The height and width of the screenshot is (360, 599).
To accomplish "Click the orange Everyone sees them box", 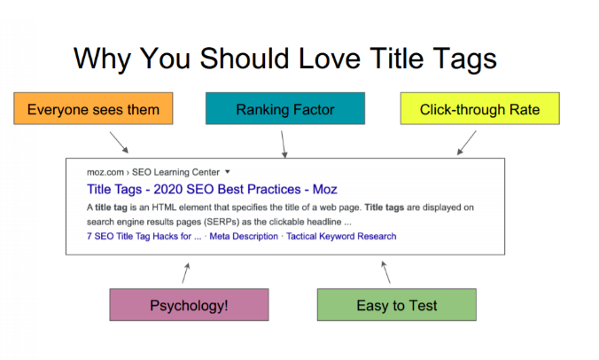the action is pyautogui.click(x=93, y=108).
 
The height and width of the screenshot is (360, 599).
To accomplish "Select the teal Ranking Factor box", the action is pyautogui.click(x=285, y=108).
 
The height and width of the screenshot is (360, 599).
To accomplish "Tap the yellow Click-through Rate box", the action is pyautogui.click(x=479, y=108).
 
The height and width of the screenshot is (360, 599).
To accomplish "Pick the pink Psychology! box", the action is pyautogui.click(x=189, y=305).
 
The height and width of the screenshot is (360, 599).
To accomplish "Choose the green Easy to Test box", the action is pyautogui.click(x=397, y=305).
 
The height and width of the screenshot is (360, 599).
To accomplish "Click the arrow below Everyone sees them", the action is pyautogui.click(x=120, y=143).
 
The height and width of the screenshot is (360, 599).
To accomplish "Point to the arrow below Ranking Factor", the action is pyautogui.click(x=283, y=145).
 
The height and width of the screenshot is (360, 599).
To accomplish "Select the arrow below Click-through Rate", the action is pyautogui.click(x=466, y=143).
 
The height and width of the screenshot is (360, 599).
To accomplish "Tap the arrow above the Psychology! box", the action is pyautogui.click(x=186, y=273).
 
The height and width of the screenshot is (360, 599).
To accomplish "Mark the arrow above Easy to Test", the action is pyautogui.click(x=385, y=272).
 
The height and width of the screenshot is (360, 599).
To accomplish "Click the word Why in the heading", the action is pyautogui.click(x=103, y=59).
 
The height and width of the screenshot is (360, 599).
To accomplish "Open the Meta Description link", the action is pyautogui.click(x=244, y=236).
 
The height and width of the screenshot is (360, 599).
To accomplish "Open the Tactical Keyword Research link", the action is pyautogui.click(x=341, y=236).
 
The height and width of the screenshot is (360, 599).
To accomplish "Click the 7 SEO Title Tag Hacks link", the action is pyautogui.click(x=144, y=236).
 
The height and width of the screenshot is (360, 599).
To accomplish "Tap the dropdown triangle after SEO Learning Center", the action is pyautogui.click(x=228, y=172).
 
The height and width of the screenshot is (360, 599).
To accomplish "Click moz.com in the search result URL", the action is pyautogui.click(x=105, y=172).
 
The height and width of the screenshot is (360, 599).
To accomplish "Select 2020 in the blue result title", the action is pyautogui.click(x=168, y=189).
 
